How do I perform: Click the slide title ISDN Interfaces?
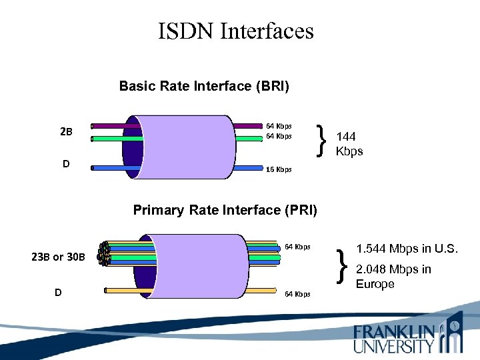tap(235, 31)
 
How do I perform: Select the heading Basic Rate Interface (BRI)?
tap(204, 86)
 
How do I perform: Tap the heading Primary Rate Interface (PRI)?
tap(225, 210)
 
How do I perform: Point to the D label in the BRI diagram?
tap(65, 163)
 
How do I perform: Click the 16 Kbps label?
tap(279, 169)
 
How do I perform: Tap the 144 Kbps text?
tap(349, 144)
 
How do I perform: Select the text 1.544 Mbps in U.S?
tap(407, 249)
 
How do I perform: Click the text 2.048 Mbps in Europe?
tap(393, 277)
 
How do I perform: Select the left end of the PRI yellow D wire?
tap(107, 290)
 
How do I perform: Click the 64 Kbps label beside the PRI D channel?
tap(297, 294)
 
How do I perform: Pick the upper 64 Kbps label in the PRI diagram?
tap(297, 247)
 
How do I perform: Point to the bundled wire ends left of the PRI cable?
tap(103, 254)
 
